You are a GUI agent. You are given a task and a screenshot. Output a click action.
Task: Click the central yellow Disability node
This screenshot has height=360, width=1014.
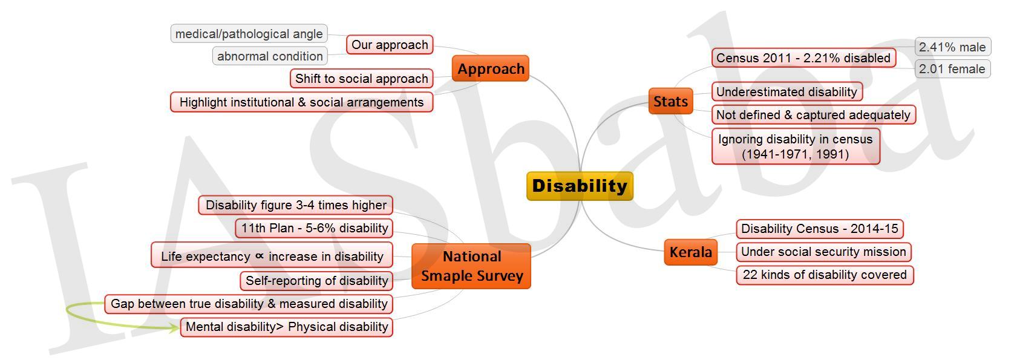tap(580, 186)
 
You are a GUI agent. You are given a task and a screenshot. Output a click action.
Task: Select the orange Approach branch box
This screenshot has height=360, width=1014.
tap(490, 68)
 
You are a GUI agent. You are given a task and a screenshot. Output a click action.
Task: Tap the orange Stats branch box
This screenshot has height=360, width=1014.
tap(670, 101)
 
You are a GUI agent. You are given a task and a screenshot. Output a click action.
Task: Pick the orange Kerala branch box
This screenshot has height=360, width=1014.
tap(691, 252)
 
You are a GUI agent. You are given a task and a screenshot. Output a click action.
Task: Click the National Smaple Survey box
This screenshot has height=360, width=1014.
tap(471, 266)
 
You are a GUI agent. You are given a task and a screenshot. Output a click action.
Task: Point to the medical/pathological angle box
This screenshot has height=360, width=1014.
tap(249, 33)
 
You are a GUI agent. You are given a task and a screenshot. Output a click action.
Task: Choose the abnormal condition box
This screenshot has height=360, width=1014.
tap(270, 56)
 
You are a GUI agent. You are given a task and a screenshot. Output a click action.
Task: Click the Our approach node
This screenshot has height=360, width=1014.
tap(389, 44)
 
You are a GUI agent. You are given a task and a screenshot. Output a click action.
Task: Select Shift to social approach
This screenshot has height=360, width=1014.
tap(361, 78)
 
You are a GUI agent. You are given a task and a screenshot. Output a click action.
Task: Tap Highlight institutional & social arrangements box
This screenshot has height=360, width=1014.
tap(301, 102)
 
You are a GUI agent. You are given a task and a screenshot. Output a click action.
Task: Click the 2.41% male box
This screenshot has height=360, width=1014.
tap(952, 47)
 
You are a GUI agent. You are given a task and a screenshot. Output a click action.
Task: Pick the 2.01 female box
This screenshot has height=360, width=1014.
tap(952, 68)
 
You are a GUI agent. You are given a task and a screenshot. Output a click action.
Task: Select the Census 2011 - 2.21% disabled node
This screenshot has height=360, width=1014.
tap(803, 58)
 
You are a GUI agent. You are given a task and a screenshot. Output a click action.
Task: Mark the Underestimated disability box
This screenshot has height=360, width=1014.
tap(787, 91)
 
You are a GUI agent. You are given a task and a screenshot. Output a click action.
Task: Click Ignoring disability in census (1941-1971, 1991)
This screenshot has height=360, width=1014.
tap(796, 146)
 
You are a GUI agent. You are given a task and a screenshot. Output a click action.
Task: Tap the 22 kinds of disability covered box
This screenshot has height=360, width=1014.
tap(825, 275)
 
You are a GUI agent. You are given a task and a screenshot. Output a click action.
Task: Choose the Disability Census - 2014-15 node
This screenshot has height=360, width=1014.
tap(819, 229)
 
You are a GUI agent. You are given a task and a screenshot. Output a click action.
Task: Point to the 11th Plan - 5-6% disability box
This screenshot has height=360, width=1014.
tap(314, 227)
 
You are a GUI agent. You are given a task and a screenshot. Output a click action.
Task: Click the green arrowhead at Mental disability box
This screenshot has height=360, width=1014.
tap(175, 327)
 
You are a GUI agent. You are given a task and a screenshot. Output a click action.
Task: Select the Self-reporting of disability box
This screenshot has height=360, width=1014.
tap(316, 281)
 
